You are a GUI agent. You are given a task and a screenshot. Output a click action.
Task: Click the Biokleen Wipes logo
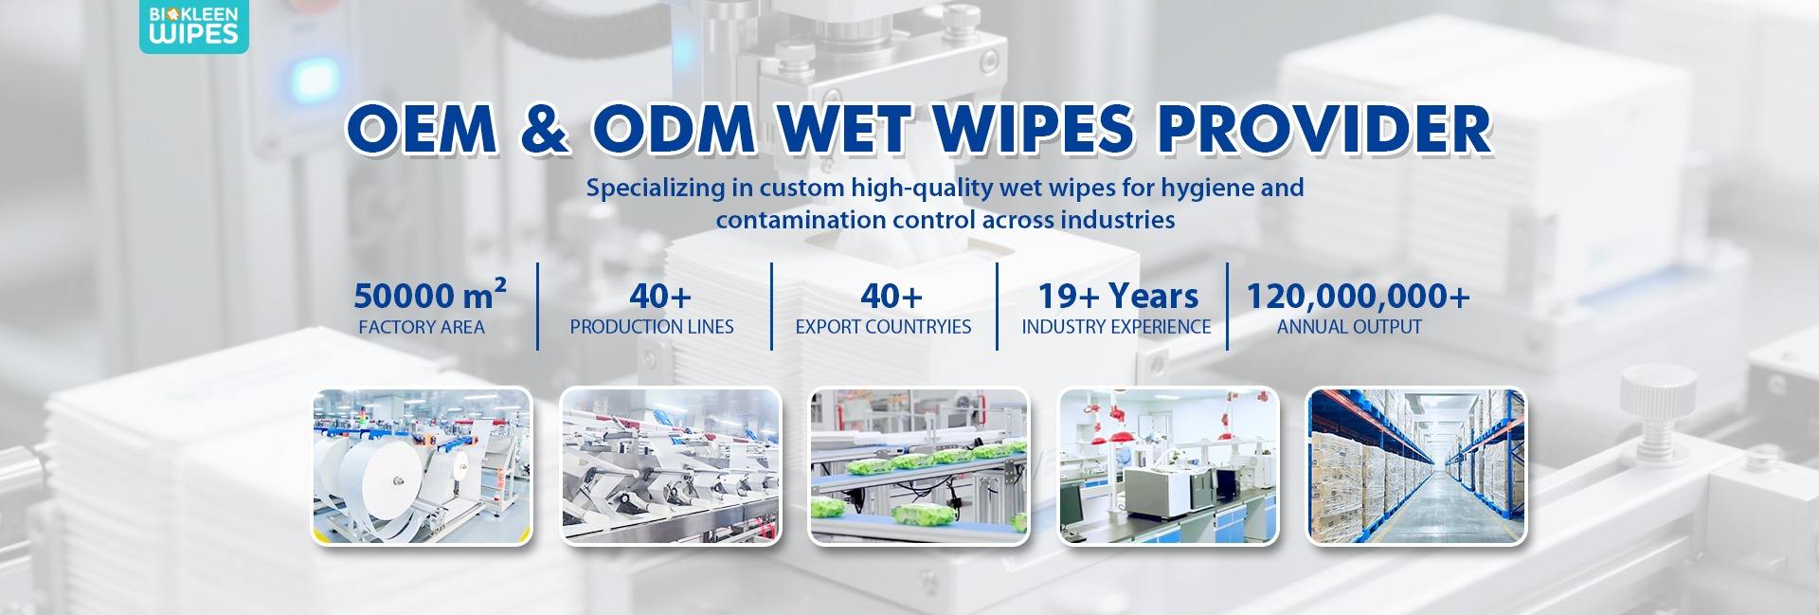tap(194, 26)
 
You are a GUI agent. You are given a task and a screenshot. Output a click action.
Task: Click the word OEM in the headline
tap(422, 129)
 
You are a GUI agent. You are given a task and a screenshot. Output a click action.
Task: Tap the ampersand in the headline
tap(545, 129)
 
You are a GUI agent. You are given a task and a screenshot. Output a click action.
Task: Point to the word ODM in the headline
tap(674, 129)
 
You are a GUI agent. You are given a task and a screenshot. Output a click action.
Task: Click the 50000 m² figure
tap(429, 296)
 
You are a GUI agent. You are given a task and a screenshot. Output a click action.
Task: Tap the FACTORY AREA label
tap(422, 327)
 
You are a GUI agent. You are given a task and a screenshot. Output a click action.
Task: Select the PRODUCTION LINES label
tap(652, 327)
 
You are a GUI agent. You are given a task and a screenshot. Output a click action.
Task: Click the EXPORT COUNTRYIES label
tap(883, 327)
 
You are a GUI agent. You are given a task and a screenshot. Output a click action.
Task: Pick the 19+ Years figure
tap(1118, 296)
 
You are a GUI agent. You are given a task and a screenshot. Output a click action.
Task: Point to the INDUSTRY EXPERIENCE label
tap(1116, 327)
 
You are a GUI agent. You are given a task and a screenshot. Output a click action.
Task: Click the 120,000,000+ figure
tap(1358, 296)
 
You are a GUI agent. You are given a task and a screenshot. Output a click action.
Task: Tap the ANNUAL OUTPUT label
tap(1349, 327)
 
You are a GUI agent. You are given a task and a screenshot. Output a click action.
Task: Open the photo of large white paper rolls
tap(423, 466)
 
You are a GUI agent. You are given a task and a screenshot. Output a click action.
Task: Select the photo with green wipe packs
tap(919, 466)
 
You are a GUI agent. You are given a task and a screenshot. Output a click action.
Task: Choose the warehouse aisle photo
tap(1416, 466)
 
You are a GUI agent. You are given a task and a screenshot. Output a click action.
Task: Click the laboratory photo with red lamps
tap(1168, 466)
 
